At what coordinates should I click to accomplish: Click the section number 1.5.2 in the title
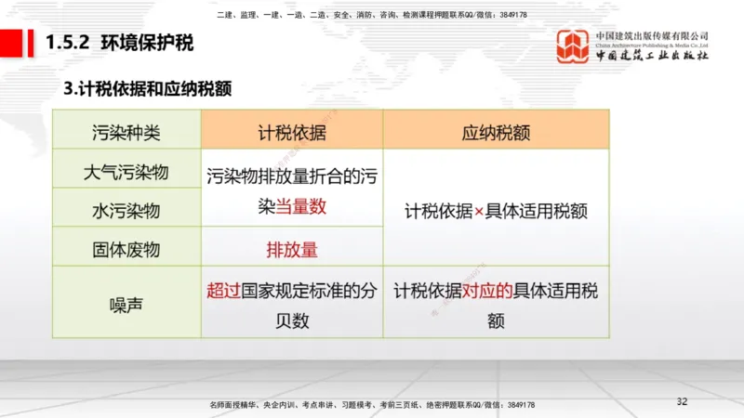[x=68, y=43]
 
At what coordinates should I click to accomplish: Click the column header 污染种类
[x=126, y=132]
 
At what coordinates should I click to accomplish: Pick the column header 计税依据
[x=291, y=132]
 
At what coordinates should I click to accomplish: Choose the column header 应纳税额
[x=496, y=132]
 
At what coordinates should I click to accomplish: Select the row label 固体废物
[x=126, y=249]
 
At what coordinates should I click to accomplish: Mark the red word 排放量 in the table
[x=291, y=249]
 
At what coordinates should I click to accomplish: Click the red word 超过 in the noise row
[x=223, y=290]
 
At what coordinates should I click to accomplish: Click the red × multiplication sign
[x=480, y=211]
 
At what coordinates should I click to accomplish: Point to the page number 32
[x=682, y=401]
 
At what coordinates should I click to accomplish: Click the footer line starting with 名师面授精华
[x=372, y=405]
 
